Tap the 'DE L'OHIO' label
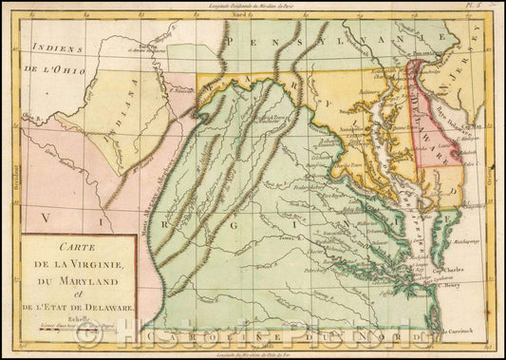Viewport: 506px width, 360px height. (50, 69)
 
